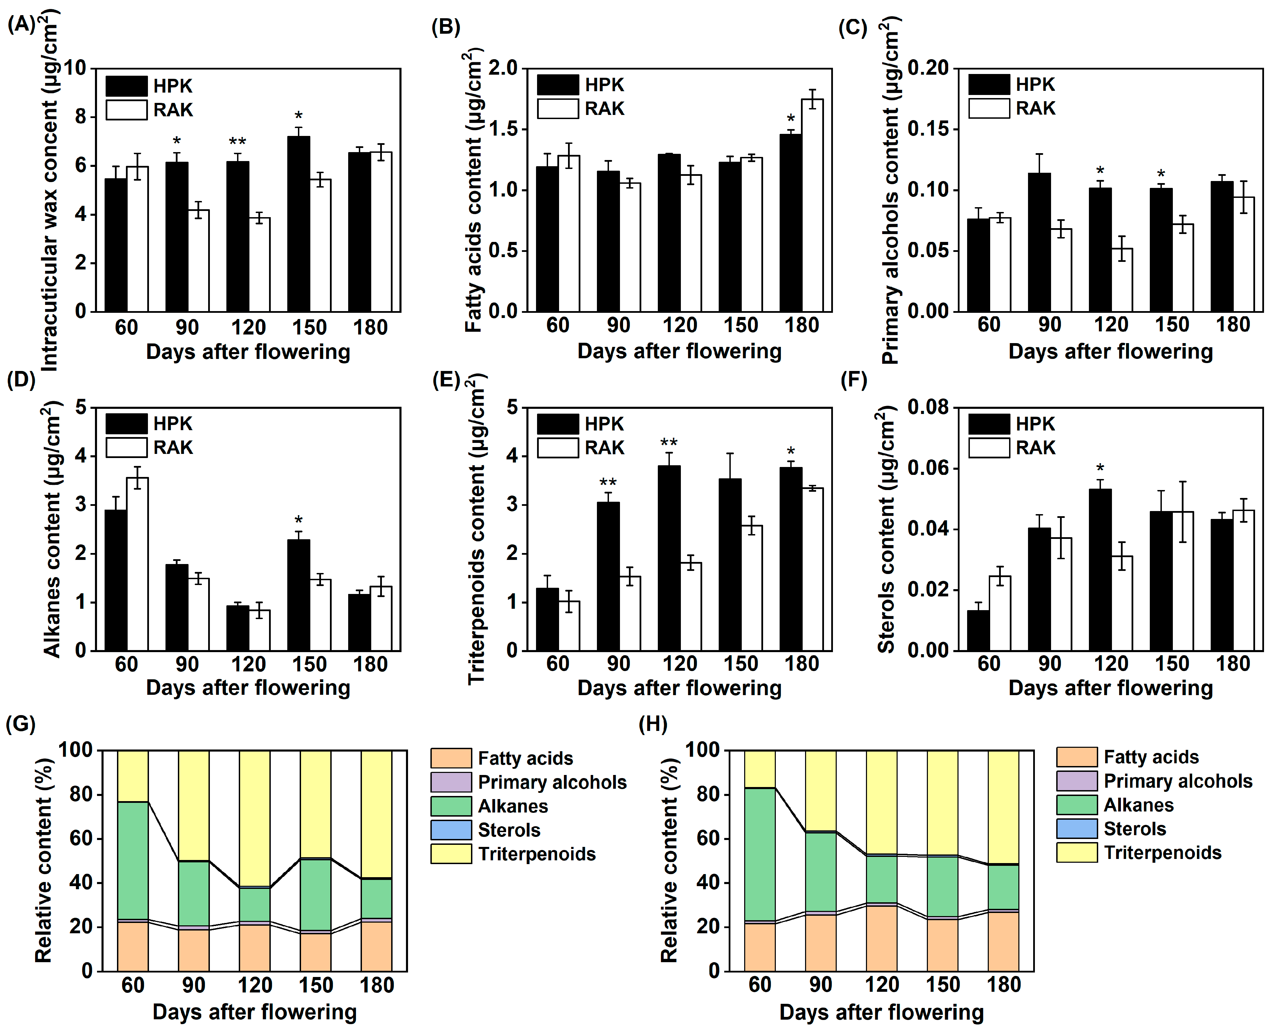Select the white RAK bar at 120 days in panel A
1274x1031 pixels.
point(259,265)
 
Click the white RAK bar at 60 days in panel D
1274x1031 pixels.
point(137,564)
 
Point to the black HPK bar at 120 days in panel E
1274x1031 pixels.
point(669,558)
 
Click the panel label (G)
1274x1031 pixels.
point(21,724)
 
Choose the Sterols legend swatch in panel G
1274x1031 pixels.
point(451,830)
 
